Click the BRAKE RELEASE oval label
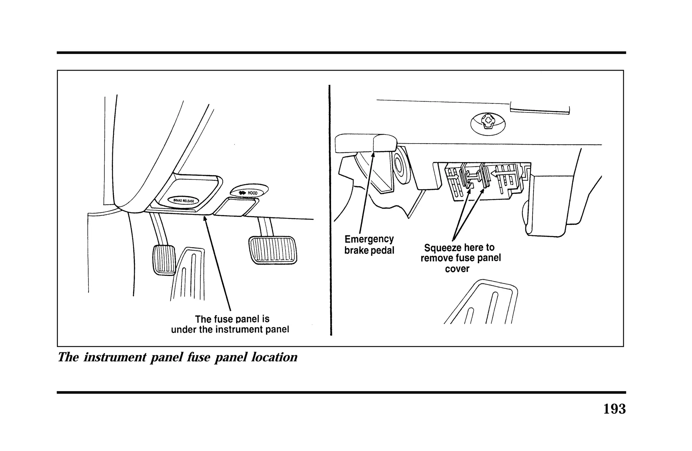click(x=183, y=200)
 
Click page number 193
click(x=614, y=409)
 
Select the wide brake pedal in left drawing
click(x=272, y=250)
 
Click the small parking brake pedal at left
click(x=164, y=259)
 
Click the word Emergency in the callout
click(x=369, y=239)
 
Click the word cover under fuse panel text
click(x=457, y=269)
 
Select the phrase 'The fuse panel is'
click(x=232, y=319)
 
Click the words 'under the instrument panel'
click(x=230, y=329)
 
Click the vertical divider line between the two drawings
click(x=330, y=209)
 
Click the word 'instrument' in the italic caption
click(x=115, y=357)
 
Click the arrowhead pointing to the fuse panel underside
click(x=204, y=219)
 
